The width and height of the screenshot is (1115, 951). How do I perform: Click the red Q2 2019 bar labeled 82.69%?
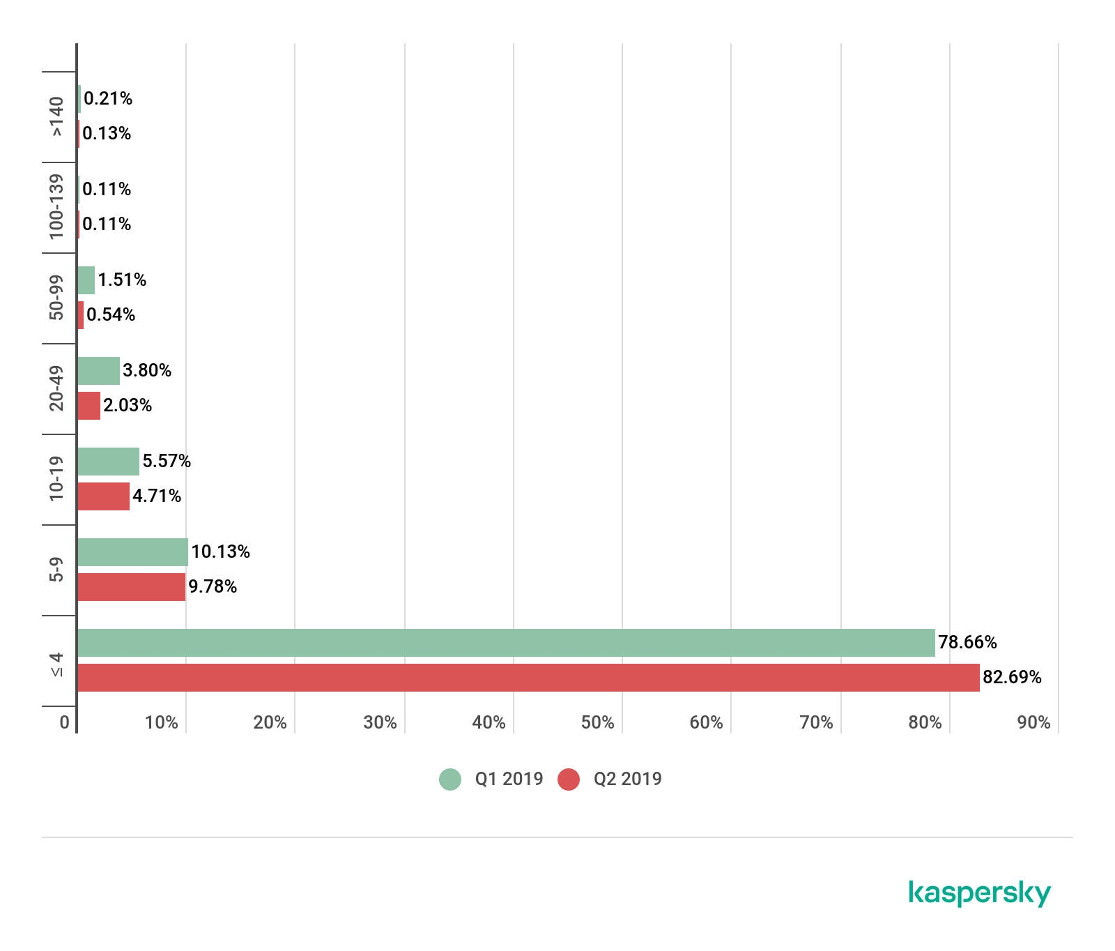(528, 678)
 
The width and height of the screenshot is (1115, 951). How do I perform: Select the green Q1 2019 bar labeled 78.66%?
(506, 643)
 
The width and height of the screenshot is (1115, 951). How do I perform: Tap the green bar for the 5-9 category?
(132, 552)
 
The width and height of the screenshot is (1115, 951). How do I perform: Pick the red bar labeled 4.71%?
(103, 496)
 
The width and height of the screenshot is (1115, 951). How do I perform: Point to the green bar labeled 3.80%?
(98, 371)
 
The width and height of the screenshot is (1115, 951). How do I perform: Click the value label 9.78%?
(213, 587)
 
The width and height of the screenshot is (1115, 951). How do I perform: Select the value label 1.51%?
(122, 280)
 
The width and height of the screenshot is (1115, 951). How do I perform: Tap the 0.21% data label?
(108, 99)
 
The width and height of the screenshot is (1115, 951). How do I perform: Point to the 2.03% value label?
(128, 406)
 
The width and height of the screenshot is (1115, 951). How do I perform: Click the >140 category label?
(56, 117)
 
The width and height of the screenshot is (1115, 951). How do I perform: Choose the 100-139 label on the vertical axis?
(56, 207)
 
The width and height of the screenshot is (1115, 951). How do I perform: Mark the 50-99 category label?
(56, 298)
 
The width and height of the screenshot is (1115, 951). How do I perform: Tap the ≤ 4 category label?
(56, 664)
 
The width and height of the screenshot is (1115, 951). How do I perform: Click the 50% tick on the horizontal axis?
(597, 722)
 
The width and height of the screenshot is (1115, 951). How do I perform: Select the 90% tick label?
(1033, 722)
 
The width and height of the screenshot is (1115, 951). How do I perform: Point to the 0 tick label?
(65, 722)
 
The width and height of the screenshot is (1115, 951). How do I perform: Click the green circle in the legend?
(450, 779)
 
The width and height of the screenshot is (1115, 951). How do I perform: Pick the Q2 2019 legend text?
(627, 779)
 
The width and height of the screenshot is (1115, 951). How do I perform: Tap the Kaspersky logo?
(979, 893)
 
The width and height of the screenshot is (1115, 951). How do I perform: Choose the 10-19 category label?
(56, 479)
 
